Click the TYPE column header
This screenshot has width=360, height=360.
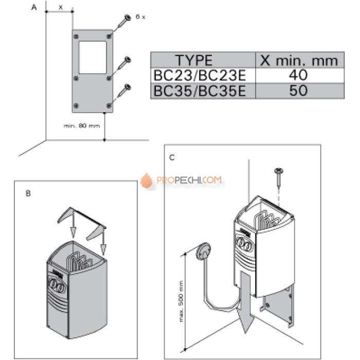point(194,60)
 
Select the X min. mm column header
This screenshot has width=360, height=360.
point(299,60)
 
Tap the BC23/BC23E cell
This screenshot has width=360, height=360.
point(200,75)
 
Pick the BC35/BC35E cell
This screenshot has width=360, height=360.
point(200,91)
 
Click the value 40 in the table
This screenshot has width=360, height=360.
point(298,75)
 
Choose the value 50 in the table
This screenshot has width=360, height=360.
point(298,90)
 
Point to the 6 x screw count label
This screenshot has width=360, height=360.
point(140,17)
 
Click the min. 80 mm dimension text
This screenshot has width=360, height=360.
point(82,126)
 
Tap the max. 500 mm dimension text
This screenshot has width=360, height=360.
point(181,301)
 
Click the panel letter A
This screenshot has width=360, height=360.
point(34,7)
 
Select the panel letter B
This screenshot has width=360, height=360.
point(28,193)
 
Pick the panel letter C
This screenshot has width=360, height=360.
point(172,158)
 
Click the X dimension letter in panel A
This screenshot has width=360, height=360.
point(60,7)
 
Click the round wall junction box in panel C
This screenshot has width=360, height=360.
point(203,251)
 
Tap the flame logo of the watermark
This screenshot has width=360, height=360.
point(147,181)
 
